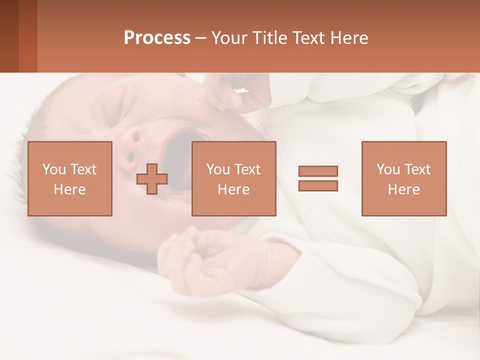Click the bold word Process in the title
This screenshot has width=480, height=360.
click(157, 38)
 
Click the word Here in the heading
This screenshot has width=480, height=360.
click(349, 38)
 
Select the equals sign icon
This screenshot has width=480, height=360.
click(318, 178)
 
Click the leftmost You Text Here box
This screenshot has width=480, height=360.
click(69, 178)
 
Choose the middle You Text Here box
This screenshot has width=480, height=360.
click(233, 178)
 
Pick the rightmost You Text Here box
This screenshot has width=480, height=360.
click(403, 178)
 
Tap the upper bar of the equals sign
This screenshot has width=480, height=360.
click(318, 171)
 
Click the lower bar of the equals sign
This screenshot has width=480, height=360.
click(318, 186)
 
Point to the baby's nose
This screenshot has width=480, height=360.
click(132, 145)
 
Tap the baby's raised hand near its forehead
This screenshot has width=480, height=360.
click(230, 95)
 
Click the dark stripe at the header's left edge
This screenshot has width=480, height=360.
click(9, 36)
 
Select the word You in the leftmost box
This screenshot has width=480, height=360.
click(53, 169)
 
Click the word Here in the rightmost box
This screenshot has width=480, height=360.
click(403, 189)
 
